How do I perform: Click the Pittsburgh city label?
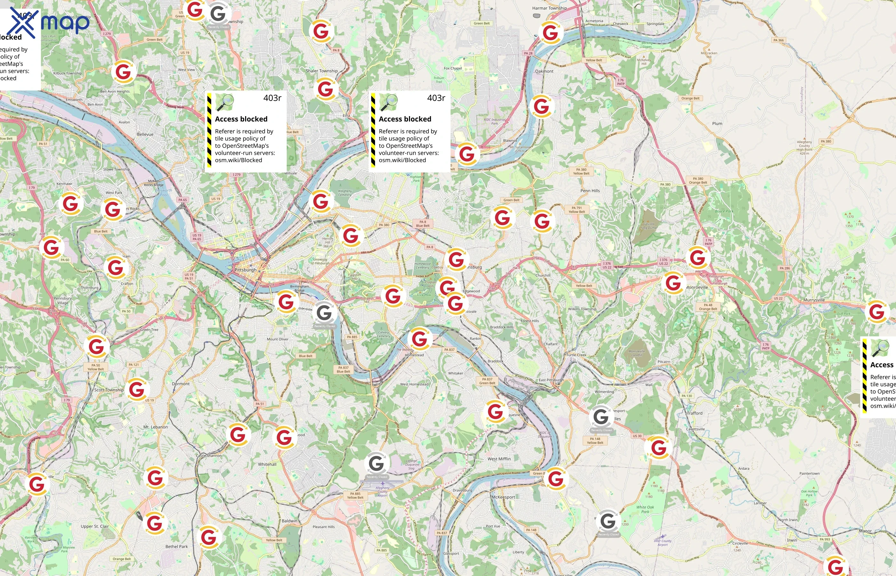pyautogui.click(x=245, y=270)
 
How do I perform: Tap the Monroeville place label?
pyautogui.click(x=697, y=287)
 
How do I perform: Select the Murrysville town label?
pyautogui.click(x=814, y=300)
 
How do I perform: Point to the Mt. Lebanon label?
pyautogui.click(x=156, y=427)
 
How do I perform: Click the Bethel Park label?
pyautogui.click(x=177, y=547)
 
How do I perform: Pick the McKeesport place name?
pyautogui.click(x=503, y=497)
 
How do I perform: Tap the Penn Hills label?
pyautogui.click(x=590, y=191)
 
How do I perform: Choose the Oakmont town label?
pyautogui.click(x=544, y=71)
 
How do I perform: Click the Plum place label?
pyautogui.click(x=717, y=124)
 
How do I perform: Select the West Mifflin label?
pyautogui.click(x=499, y=459)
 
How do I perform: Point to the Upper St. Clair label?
pyautogui.click(x=95, y=526)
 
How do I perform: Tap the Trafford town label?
pyautogui.click(x=694, y=413)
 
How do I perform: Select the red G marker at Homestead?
pyautogui.click(x=420, y=339)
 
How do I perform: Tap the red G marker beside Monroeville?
pyautogui.click(x=673, y=283)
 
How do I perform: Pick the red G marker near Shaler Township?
pyautogui.click(x=325, y=89)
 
